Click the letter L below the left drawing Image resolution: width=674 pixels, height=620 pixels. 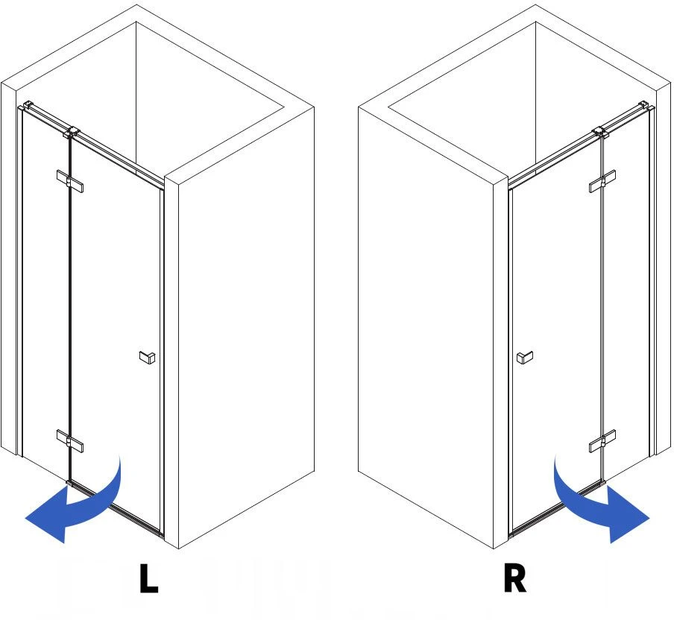tap(148, 578)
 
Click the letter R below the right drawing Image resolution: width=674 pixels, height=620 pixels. tap(514, 578)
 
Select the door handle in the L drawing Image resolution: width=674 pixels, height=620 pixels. tap(148, 357)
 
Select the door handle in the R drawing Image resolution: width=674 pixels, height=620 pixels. tap(525, 357)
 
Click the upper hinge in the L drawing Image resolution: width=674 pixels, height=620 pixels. tap(70, 181)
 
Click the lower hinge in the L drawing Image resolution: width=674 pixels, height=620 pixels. tap(70, 441)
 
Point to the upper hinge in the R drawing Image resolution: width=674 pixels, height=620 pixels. tap(602, 181)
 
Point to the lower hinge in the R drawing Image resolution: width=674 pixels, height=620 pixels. tap(602, 441)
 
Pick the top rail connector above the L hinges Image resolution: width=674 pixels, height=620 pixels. tap(72, 133)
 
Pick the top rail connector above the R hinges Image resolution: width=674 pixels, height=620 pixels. tap(600, 133)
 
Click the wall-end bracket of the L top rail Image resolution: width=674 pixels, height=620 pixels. tap(28, 104)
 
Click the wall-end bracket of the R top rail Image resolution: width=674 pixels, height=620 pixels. tap(644, 104)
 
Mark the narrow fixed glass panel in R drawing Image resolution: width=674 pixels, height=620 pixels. tap(627, 292)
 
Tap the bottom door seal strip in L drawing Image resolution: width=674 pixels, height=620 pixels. tap(116, 509)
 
